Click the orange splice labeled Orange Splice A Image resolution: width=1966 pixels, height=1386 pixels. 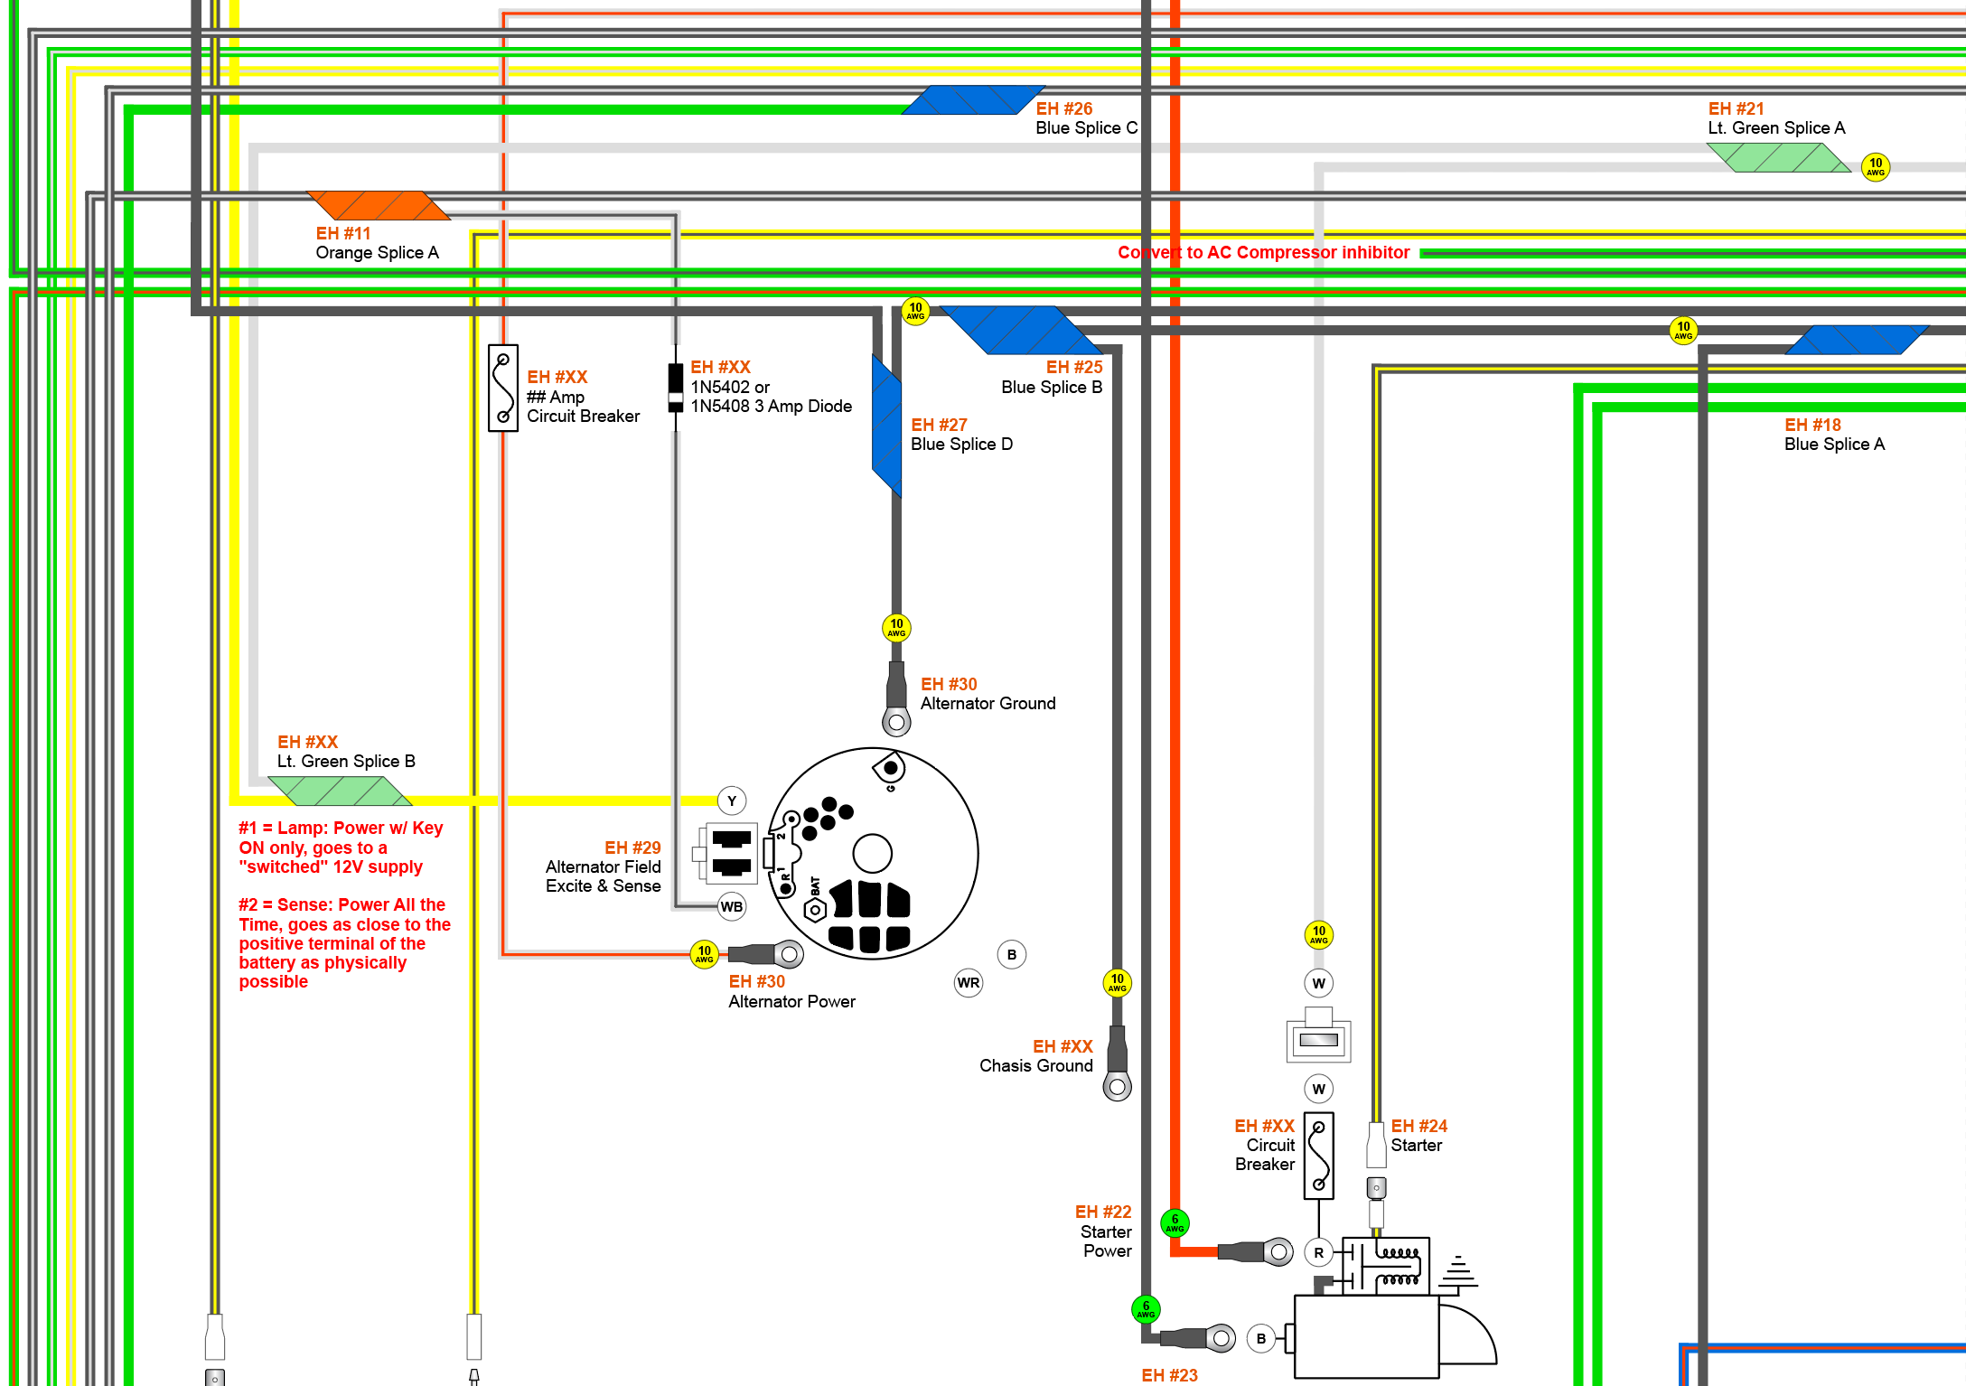(x=379, y=205)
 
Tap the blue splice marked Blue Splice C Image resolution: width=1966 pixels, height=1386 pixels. (x=973, y=100)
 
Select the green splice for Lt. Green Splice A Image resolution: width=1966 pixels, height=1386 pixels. (x=1778, y=157)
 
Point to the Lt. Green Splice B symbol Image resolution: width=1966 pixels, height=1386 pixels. (x=340, y=791)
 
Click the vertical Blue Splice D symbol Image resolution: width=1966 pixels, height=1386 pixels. (x=886, y=426)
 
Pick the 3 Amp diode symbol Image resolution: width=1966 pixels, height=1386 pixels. (x=676, y=388)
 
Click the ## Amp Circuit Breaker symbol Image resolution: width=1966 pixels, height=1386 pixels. (x=503, y=388)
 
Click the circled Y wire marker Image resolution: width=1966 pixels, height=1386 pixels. (x=732, y=801)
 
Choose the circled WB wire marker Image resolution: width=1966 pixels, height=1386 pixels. (x=732, y=906)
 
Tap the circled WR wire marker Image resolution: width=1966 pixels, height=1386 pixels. (x=969, y=983)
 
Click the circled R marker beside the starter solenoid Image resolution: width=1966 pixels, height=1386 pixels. (x=1319, y=1252)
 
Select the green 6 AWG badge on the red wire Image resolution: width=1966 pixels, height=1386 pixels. (x=1175, y=1223)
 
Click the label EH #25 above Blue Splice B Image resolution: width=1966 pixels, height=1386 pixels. (x=1074, y=367)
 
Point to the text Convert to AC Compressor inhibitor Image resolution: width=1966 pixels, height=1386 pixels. (x=1263, y=252)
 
